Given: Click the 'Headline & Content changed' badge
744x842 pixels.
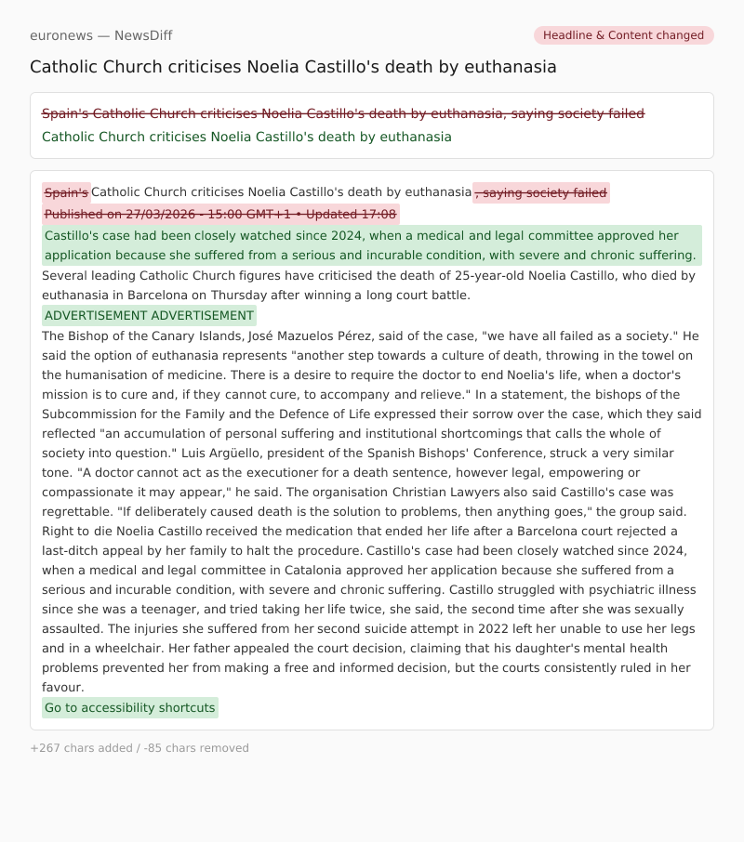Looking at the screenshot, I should click(623, 35).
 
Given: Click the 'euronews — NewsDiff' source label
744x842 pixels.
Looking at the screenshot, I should click(100, 35).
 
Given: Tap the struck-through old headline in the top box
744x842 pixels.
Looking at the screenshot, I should click(342, 113).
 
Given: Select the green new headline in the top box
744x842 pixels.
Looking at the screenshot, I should click(246, 137).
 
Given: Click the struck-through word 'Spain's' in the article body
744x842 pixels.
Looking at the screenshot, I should click(66, 192).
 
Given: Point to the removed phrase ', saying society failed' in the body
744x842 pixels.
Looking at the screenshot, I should click(541, 192).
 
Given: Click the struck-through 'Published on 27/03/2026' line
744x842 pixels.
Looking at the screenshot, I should click(220, 215).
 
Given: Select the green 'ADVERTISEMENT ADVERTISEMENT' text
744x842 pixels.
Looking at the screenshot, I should click(149, 315).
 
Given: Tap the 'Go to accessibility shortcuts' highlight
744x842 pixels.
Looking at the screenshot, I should click(129, 707).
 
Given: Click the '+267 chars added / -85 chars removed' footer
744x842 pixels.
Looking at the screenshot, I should click(139, 748).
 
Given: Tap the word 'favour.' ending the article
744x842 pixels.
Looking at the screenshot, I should click(63, 687).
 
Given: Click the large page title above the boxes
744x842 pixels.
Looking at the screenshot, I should click(293, 67).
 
